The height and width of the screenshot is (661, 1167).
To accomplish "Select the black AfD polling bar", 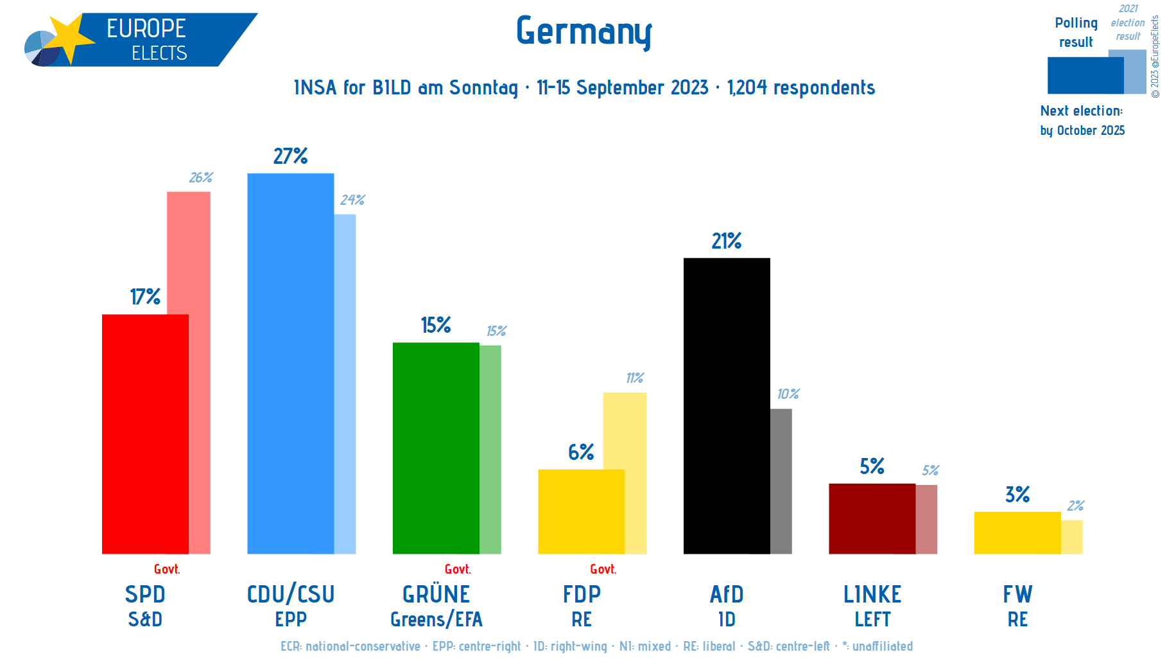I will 726,405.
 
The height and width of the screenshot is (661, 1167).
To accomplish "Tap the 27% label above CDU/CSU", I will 290,156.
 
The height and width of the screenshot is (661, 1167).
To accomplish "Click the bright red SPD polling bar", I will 145,434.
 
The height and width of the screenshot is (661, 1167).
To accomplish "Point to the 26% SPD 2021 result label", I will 200,177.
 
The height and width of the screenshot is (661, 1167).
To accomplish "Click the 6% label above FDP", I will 581,452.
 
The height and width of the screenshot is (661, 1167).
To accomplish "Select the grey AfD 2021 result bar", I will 781,481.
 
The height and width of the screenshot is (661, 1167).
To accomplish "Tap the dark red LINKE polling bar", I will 872,518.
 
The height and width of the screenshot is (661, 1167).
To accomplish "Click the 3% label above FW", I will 1017,495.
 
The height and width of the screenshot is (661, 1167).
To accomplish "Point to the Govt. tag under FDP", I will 603,569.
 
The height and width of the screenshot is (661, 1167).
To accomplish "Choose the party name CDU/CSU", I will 291,594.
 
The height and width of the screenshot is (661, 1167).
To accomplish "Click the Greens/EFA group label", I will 437,619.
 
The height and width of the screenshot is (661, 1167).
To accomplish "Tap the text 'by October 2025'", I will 1082,130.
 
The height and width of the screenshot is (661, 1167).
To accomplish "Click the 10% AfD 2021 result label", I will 788,394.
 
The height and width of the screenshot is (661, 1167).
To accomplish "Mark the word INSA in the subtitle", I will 315,87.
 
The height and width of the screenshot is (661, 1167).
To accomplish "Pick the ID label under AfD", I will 727,619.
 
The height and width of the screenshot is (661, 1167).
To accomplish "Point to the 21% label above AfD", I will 726,241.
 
